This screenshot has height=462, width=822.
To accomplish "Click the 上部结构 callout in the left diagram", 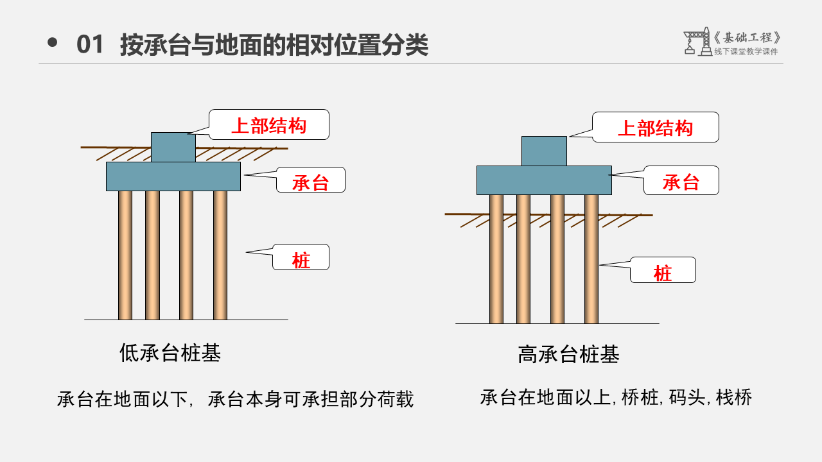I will click(269, 125).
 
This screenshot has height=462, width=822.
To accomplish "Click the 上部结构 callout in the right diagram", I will click(655, 128).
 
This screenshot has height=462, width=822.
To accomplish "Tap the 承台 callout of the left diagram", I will click(311, 180).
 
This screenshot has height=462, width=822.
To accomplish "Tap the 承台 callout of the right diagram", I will click(681, 181).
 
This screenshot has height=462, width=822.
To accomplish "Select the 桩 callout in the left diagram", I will click(301, 257).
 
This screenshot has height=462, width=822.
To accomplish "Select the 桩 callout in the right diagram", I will click(663, 270).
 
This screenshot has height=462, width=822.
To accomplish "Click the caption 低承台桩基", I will click(170, 352).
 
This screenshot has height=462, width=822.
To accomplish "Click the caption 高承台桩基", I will click(568, 354).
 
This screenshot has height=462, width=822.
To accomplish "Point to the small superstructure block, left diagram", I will click(173, 147).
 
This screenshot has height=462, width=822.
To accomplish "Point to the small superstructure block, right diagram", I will click(544, 151).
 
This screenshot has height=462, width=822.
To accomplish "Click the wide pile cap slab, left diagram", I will click(173, 176).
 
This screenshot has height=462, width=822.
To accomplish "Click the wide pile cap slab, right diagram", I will click(544, 180).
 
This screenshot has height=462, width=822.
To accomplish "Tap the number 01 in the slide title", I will click(90, 45).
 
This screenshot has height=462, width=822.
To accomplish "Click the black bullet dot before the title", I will click(53, 43).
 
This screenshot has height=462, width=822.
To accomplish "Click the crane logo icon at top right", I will click(697, 42).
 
